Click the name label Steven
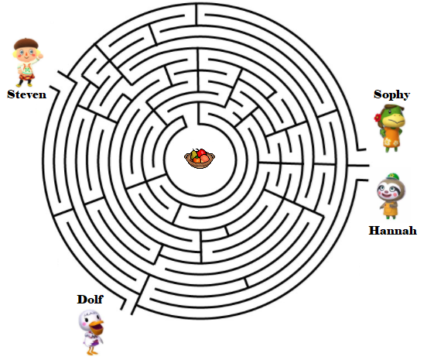point(26,94)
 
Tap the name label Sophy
point(391,94)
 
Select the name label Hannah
point(393,231)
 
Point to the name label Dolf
point(90,300)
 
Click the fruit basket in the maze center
point(200,159)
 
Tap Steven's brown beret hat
point(26,43)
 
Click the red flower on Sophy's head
point(377,118)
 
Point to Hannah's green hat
point(392,177)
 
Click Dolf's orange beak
point(97,327)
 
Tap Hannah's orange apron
point(389,208)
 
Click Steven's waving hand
point(40,57)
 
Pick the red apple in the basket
point(202,153)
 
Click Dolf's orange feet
point(93,351)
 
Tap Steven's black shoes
point(24,84)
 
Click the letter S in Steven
point(11,94)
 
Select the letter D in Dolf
point(82,300)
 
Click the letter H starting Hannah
point(374,231)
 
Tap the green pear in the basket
point(194,155)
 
